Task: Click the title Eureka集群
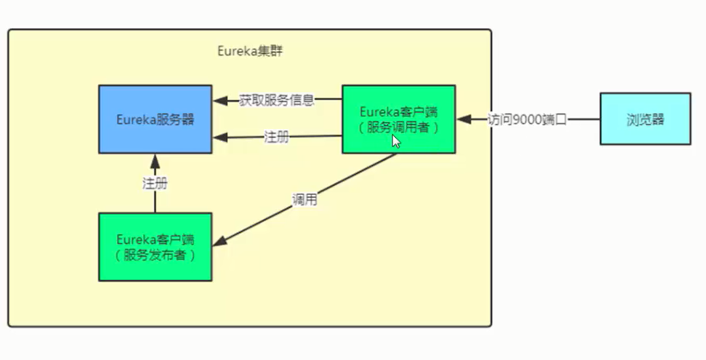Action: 250,51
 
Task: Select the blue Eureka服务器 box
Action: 155,119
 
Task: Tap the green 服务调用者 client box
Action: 398,119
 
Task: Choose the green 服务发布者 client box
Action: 155,246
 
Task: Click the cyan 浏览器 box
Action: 645,119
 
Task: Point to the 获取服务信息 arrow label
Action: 276,100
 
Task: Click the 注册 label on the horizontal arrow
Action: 276,137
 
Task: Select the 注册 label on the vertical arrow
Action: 155,183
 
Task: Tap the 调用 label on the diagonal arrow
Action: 305,200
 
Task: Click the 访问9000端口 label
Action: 527,119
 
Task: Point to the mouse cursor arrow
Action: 395,141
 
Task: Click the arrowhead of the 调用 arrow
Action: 220,243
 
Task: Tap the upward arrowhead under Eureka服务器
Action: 155,160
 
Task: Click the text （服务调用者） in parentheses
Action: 398,127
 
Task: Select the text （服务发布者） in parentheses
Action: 155,254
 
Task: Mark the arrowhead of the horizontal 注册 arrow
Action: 219,138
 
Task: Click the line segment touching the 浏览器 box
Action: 585,119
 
